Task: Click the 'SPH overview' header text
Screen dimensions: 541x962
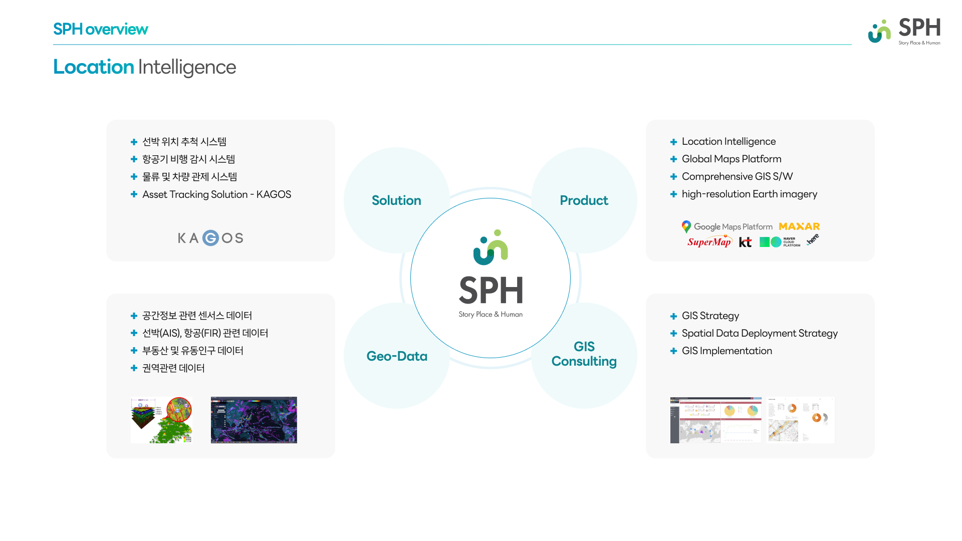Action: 100,29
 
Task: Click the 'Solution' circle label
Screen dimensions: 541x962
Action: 396,200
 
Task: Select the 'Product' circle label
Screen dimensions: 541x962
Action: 584,200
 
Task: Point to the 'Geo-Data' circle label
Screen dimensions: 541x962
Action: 397,356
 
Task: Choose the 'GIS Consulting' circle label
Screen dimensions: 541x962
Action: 584,354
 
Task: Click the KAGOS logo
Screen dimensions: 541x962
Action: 210,238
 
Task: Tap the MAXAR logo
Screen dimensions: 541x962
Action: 799,226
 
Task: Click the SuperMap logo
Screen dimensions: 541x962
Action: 709,242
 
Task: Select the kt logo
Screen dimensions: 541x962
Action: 745,242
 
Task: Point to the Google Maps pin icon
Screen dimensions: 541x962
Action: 686,226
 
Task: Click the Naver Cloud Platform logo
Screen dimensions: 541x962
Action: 780,242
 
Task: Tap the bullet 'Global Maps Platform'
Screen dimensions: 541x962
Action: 731,159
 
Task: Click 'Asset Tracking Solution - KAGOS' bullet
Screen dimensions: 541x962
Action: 216,194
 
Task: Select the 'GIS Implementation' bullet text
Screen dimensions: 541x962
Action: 727,351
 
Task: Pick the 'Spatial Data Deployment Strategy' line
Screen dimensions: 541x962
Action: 759,333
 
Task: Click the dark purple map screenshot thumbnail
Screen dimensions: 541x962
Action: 254,420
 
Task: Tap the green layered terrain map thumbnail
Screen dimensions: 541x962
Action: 161,420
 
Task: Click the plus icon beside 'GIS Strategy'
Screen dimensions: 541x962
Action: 673,316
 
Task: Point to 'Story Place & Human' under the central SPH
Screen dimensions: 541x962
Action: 491,314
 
